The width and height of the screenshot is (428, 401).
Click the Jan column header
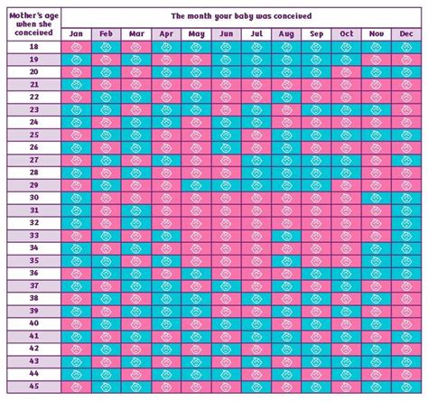click(x=75, y=33)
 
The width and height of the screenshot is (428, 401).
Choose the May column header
click(x=195, y=33)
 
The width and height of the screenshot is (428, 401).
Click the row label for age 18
click(x=33, y=47)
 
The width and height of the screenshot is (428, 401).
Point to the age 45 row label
click(x=33, y=386)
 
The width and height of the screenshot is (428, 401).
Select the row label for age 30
click(x=33, y=197)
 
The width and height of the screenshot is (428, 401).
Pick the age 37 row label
click(x=33, y=284)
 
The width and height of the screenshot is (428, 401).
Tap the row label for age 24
click(x=33, y=122)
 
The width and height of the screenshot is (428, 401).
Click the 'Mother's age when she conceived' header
click(x=33, y=23)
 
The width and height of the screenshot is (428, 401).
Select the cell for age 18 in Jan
click(x=75, y=47)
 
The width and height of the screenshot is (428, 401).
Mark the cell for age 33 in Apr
click(x=165, y=235)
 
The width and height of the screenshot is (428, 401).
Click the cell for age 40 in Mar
click(x=135, y=322)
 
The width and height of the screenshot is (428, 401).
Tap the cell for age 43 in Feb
click(x=105, y=360)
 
